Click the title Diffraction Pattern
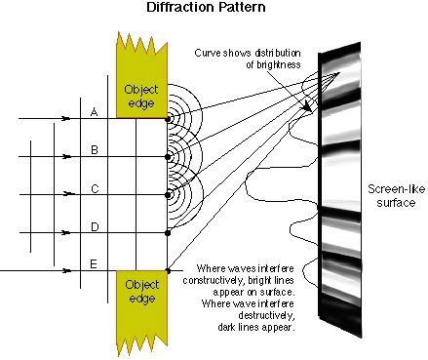click(x=206, y=7)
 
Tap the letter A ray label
click(x=94, y=112)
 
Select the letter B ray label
click(x=95, y=150)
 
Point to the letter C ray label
click(x=95, y=188)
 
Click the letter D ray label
click(x=95, y=226)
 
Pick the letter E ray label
click(x=94, y=264)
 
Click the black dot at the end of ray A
click(x=168, y=119)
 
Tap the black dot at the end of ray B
click(x=168, y=157)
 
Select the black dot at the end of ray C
click(x=168, y=195)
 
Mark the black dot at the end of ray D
click(x=168, y=233)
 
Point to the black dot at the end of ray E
click(x=168, y=270)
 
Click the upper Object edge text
click(x=141, y=97)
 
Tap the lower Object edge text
click(x=142, y=292)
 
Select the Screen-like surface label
click(x=396, y=196)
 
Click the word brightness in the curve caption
click(x=273, y=64)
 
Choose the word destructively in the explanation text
click(x=266, y=315)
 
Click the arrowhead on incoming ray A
click(x=66, y=118)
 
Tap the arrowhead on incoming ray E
click(x=66, y=270)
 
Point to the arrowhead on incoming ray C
click(x=68, y=194)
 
